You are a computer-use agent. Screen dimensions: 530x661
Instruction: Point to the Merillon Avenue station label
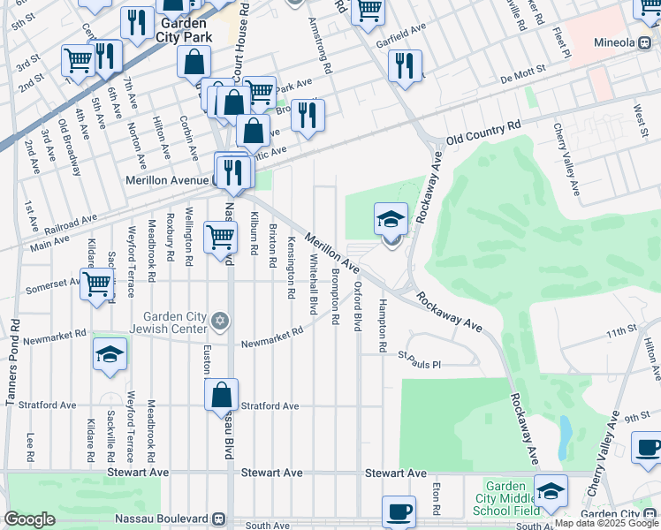click(167, 179)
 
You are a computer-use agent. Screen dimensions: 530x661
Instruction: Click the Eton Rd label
click(437, 498)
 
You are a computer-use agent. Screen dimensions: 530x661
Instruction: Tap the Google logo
click(29, 519)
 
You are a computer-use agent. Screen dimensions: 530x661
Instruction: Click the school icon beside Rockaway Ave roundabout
click(391, 219)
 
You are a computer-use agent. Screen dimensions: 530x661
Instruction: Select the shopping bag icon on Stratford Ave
click(222, 396)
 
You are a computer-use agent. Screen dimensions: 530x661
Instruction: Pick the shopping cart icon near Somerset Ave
click(98, 284)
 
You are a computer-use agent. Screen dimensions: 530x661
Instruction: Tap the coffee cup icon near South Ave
click(399, 511)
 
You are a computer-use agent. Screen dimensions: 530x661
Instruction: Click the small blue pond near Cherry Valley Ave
click(565, 434)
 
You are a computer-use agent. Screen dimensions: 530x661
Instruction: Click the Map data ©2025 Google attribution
click(606, 523)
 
